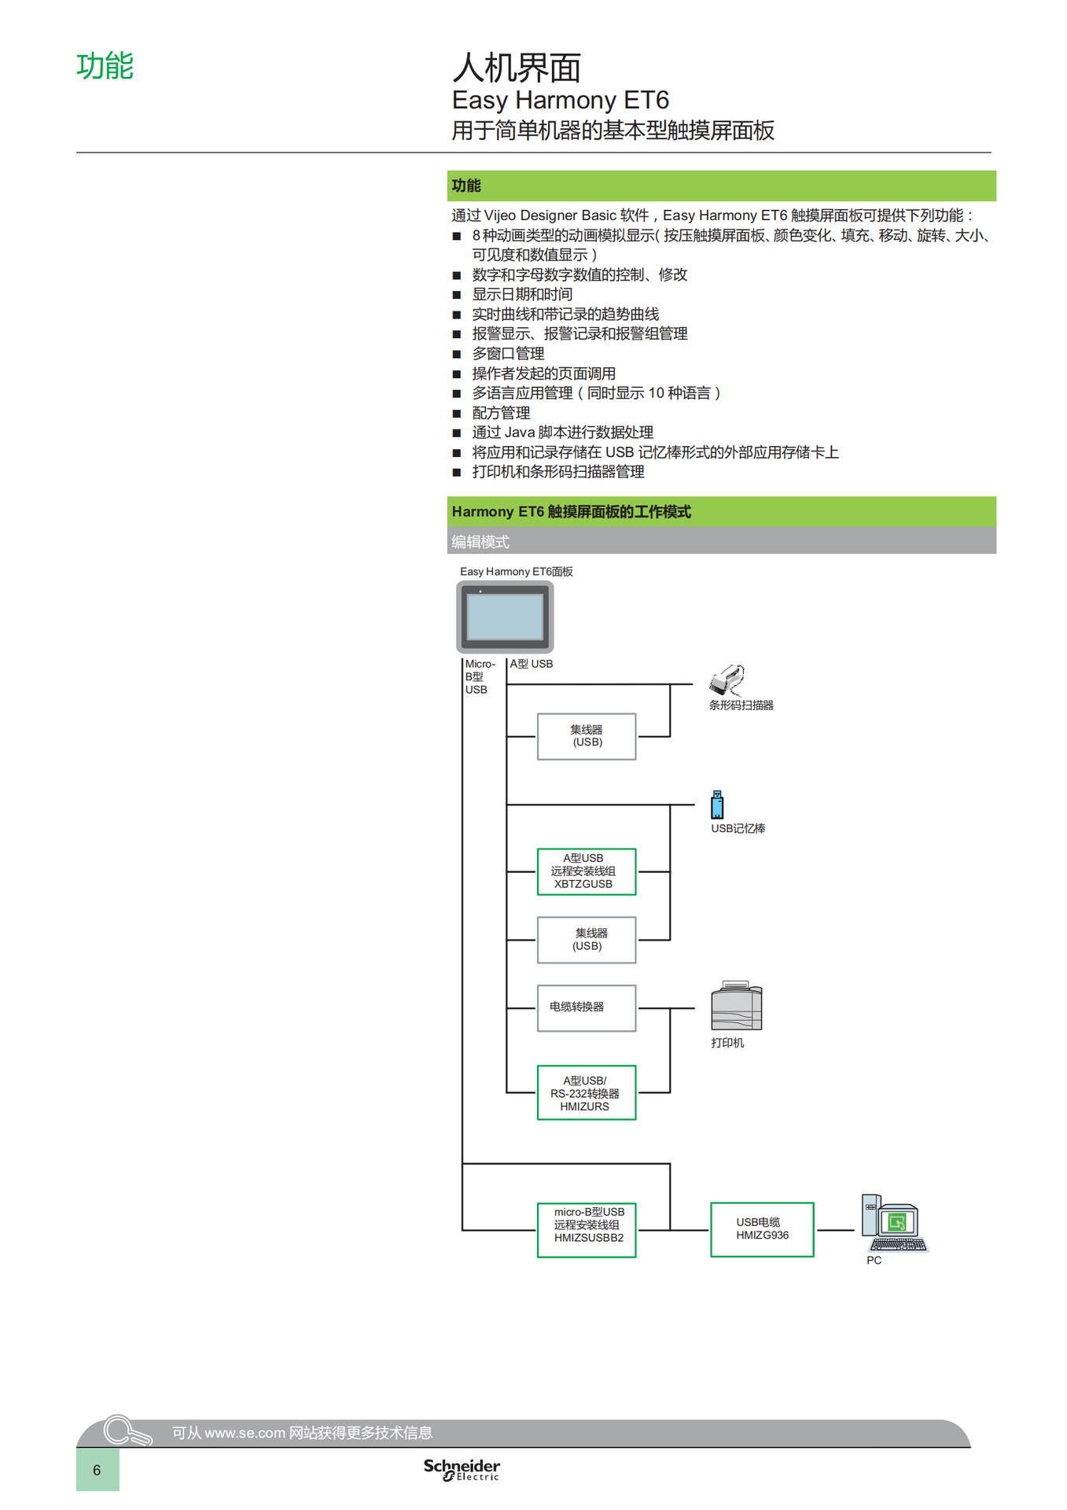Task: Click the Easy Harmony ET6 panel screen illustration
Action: click(505, 617)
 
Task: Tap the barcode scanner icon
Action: click(727, 679)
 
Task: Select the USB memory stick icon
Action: click(717, 805)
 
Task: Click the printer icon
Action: click(736, 1007)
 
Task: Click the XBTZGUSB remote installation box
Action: click(586, 871)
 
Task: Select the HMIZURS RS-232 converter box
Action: click(586, 1093)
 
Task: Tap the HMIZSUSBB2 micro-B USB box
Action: click(587, 1230)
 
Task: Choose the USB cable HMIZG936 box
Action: click(761, 1229)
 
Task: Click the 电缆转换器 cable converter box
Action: click(586, 1007)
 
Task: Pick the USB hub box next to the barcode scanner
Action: click(586, 736)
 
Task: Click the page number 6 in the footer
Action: click(97, 1470)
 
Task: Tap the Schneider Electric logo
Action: click(462, 1469)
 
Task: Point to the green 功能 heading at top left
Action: click(105, 66)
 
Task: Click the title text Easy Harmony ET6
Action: click(560, 101)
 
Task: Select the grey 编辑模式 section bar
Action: click(720, 542)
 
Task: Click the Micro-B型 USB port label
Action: click(476, 676)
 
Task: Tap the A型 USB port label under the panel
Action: click(531, 664)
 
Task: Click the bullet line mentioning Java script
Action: click(562, 433)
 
